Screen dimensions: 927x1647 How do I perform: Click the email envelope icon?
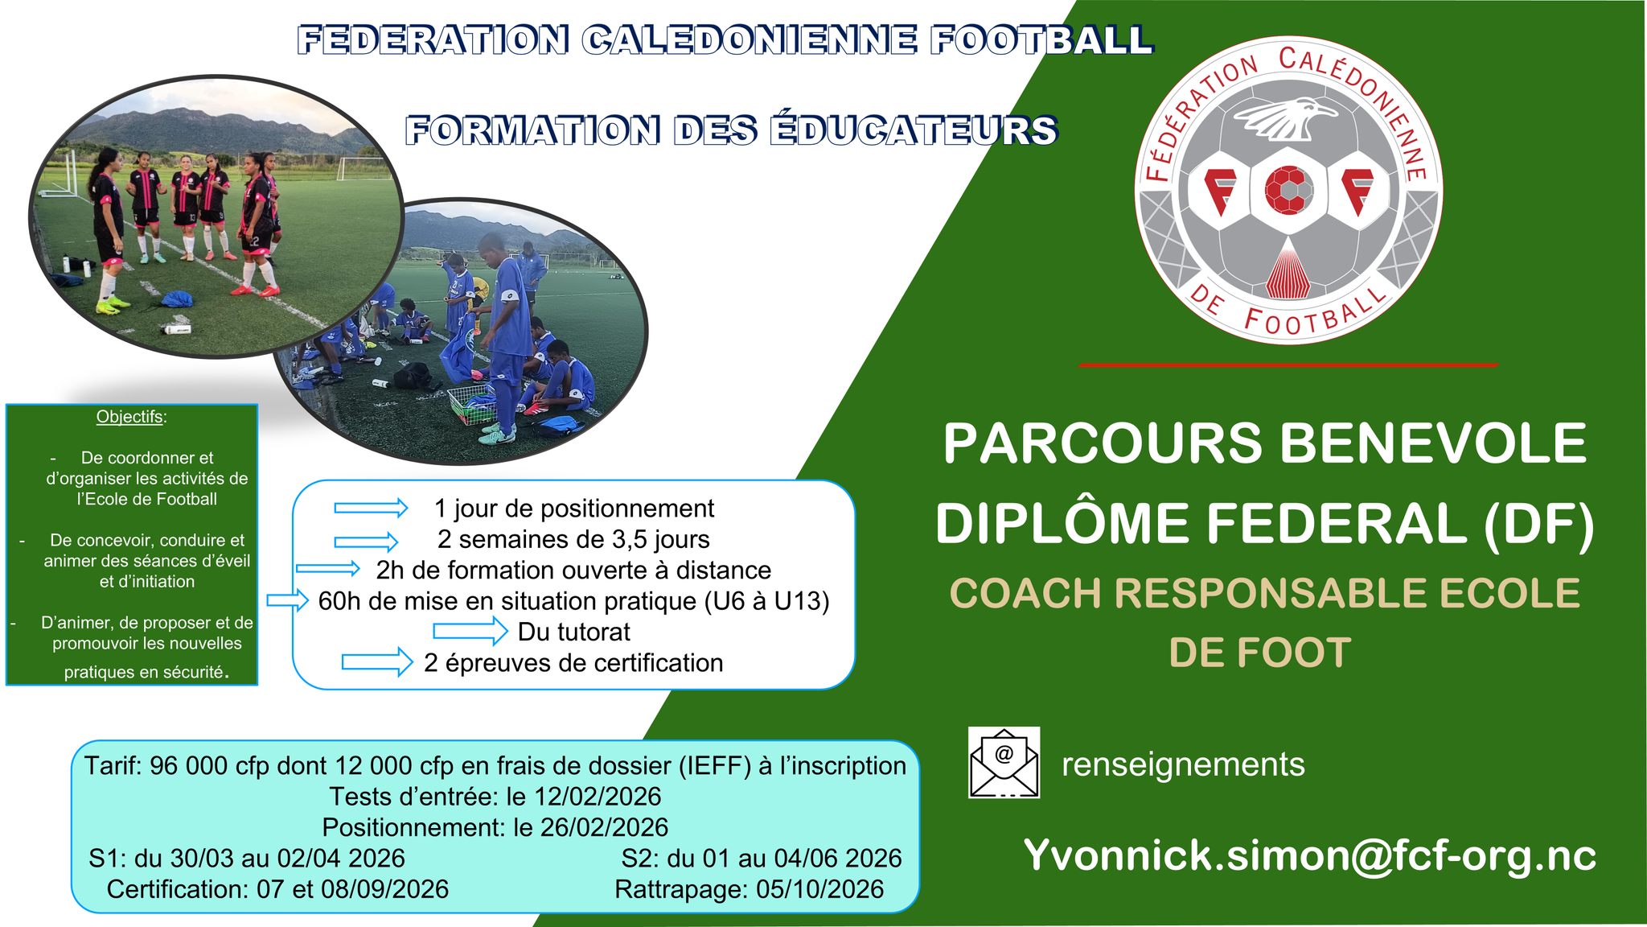coord(1004,762)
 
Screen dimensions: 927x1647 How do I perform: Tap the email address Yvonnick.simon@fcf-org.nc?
coord(1309,855)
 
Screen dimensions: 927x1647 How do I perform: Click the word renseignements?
coord(1183,764)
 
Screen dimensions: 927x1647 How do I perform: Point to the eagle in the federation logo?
coord(1284,118)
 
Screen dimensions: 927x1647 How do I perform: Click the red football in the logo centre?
coord(1288,190)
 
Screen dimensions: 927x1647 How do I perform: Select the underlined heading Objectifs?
coord(129,417)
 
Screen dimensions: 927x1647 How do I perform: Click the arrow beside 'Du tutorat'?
coord(470,632)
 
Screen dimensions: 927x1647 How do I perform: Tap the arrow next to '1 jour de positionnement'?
coord(371,508)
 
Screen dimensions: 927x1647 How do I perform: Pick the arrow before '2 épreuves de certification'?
coord(376,662)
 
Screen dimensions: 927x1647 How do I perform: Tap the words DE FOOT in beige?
coord(1259,653)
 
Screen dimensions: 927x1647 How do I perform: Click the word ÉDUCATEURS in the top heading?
coord(914,131)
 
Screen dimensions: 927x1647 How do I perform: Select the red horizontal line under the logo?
coord(1288,365)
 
